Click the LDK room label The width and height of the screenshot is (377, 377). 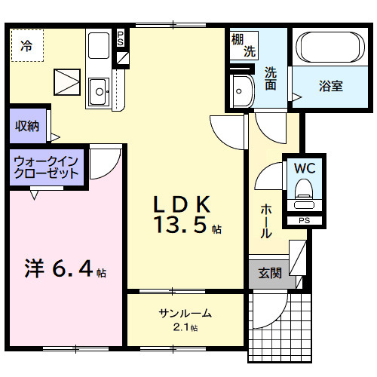[x=181, y=204]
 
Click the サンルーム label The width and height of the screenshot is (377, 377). [x=185, y=313]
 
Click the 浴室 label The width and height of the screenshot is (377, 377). [x=330, y=85]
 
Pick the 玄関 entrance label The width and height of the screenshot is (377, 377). [x=269, y=273]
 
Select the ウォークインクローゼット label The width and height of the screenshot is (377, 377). [x=46, y=167]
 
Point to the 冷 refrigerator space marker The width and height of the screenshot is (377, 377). [x=26, y=46]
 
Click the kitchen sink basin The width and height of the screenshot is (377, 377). [x=98, y=93]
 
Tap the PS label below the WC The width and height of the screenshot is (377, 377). [x=304, y=220]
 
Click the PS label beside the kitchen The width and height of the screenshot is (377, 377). [x=120, y=38]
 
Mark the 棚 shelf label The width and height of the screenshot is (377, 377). [x=238, y=38]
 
